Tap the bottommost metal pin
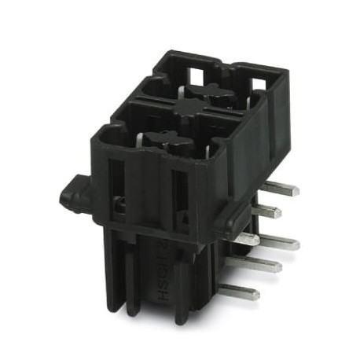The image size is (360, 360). (241, 292)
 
